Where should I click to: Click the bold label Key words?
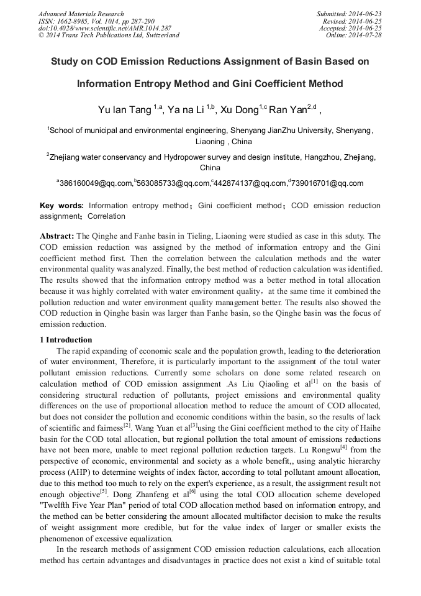pyautogui.click(x=61, y=206)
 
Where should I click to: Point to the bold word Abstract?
pyautogui.click(x=57, y=236)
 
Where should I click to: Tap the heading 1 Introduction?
pyautogui.click(x=66, y=340)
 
